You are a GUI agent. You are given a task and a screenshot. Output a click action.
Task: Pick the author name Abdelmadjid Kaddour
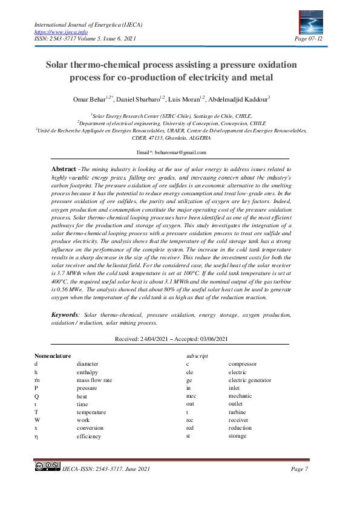click(243, 99)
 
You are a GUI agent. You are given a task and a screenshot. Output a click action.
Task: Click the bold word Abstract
click(64, 169)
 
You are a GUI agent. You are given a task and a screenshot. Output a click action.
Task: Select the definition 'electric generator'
click(249, 380)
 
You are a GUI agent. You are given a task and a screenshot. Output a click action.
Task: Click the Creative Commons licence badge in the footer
click(47, 466)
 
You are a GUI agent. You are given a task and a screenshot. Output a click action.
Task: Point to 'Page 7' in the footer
click(300, 470)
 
